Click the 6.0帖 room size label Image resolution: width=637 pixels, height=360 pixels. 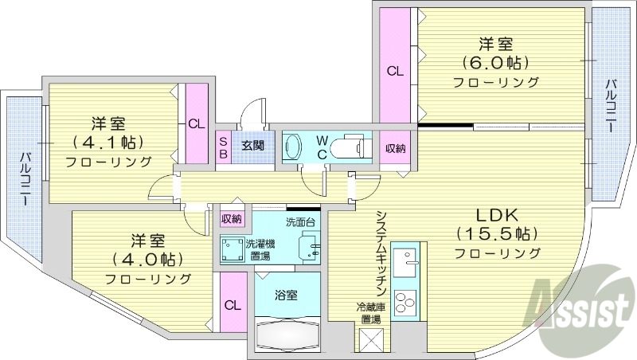tap(496, 62)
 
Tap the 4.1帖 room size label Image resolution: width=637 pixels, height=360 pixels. tap(109, 143)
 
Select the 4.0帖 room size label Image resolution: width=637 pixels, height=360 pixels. tap(148, 260)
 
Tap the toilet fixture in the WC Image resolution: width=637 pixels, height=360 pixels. tap(349, 147)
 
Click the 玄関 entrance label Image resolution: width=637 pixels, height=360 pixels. tap(253, 146)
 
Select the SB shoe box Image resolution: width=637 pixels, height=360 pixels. tap(224, 147)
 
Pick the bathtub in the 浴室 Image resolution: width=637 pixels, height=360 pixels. tap(287, 334)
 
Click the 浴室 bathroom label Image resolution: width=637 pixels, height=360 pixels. tap(287, 295)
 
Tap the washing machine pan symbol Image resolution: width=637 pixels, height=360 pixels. tap(233, 248)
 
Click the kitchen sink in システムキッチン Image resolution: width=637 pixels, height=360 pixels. tap(411, 264)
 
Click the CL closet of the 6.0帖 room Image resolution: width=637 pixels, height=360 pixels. tap(394, 70)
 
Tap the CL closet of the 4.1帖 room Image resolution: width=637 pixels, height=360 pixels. tap(196, 123)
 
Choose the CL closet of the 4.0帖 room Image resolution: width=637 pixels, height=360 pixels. tap(233, 304)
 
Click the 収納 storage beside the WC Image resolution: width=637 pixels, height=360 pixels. tap(396, 147)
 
